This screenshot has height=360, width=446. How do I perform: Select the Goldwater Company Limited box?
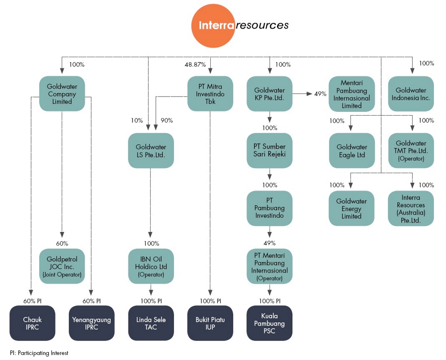tap(62, 94)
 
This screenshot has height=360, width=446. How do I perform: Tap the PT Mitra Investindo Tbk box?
tap(210, 94)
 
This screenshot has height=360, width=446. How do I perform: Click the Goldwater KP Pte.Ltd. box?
tap(270, 94)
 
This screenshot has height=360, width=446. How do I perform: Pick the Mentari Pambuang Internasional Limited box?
tap(352, 94)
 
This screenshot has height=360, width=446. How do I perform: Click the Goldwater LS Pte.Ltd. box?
tap(151, 150)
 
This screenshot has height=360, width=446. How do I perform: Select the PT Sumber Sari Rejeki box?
tap(270, 150)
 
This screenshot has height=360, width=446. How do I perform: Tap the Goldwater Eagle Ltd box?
tap(352, 150)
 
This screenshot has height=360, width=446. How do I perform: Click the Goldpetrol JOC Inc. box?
tap(62, 266)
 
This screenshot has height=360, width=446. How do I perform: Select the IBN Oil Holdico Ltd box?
tap(151, 266)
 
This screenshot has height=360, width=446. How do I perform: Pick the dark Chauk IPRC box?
tap(32, 323)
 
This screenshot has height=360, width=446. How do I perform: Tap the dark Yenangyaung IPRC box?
tap(92, 323)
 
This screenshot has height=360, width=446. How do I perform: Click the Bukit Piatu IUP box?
tap(210, 323)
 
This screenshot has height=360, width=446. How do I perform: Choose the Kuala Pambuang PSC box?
tap(270, 323)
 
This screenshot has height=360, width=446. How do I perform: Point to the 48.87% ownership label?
tap(195, 65)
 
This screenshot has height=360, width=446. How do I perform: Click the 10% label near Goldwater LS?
tap(137, 121)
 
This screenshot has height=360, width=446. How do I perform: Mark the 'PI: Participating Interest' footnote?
tap(39, 353)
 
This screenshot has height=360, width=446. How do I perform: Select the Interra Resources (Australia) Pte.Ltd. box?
tap(411, 208)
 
